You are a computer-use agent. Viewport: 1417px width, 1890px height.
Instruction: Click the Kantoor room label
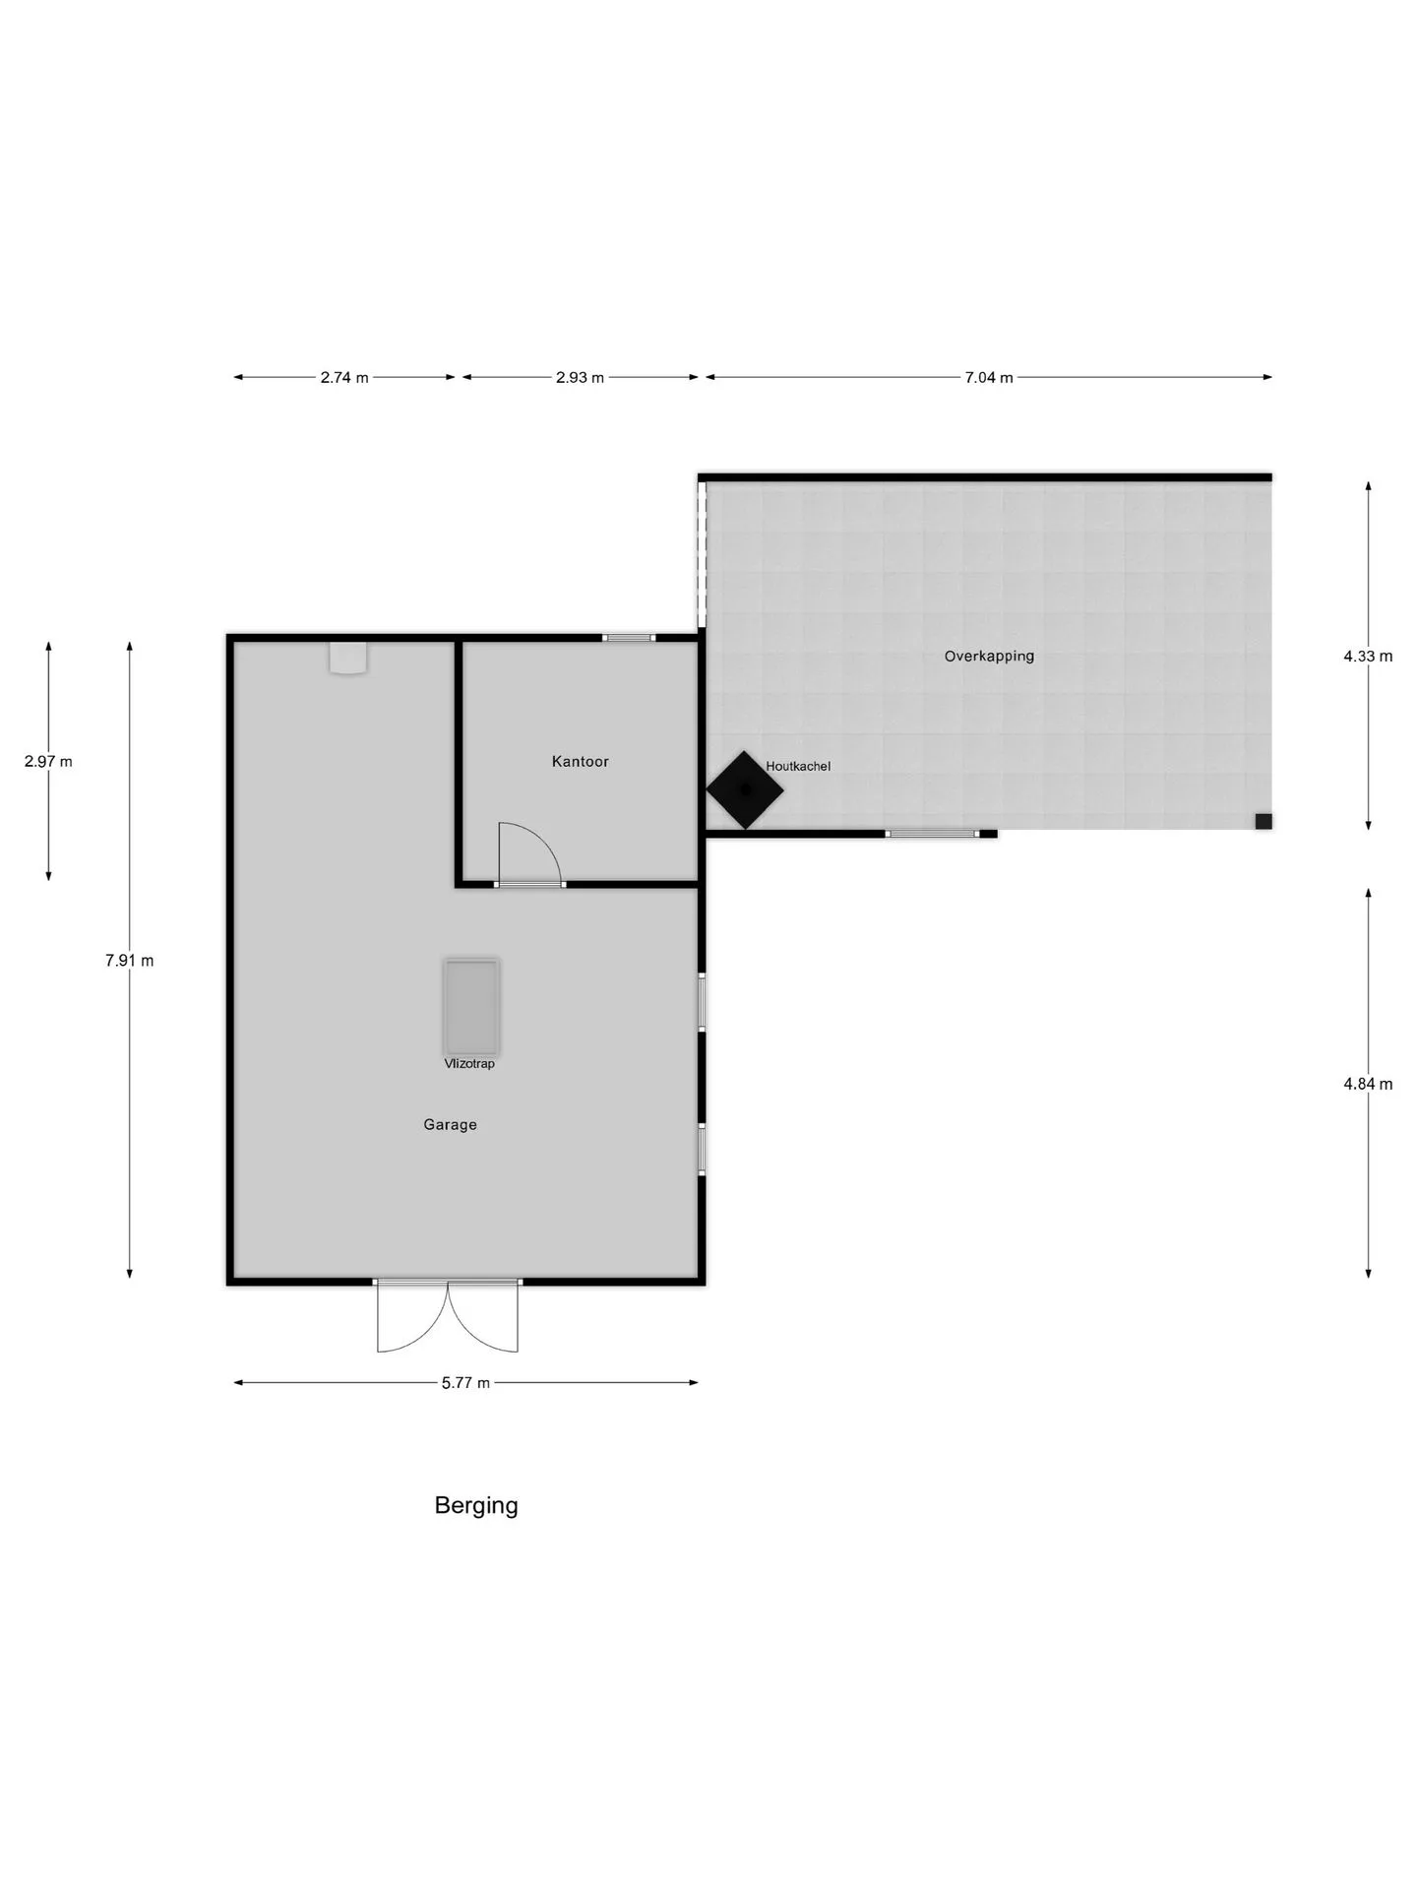coord(580,761)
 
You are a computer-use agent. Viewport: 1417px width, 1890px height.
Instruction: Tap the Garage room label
coord(450,1124)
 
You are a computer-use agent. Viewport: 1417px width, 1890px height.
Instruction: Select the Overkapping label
coord(989,656)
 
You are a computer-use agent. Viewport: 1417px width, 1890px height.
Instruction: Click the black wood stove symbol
coord(745,789)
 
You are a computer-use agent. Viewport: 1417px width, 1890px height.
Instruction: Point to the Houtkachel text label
coord(798,766)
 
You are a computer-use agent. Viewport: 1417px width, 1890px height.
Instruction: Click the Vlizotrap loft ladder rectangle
coord(471,1006)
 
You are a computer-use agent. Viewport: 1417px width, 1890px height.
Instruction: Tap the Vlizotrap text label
coord(469,1063)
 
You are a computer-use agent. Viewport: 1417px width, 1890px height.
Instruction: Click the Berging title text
coord(476,1505)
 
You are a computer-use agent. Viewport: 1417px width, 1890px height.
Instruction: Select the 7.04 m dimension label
coord(989,377)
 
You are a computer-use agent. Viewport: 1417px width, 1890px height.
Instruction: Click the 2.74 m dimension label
coord(344,377)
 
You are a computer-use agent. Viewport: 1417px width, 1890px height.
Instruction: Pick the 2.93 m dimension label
coord(581,377)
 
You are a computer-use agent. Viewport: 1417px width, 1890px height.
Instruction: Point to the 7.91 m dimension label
coord(130,961)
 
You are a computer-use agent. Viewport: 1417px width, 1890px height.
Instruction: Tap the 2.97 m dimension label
coord(48,761)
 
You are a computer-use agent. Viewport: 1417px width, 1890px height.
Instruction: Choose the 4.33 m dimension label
coord(1368,657)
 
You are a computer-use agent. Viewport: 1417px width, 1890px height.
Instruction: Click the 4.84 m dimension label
coord(1368,1084)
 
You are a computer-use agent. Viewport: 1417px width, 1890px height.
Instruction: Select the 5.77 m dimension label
coord(465,1383)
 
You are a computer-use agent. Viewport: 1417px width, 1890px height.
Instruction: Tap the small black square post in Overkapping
coord(1263,821)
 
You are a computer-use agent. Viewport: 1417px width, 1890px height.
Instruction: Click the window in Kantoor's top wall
coord(630,638)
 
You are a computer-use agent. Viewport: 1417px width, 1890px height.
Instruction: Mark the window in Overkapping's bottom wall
coord(934,834)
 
